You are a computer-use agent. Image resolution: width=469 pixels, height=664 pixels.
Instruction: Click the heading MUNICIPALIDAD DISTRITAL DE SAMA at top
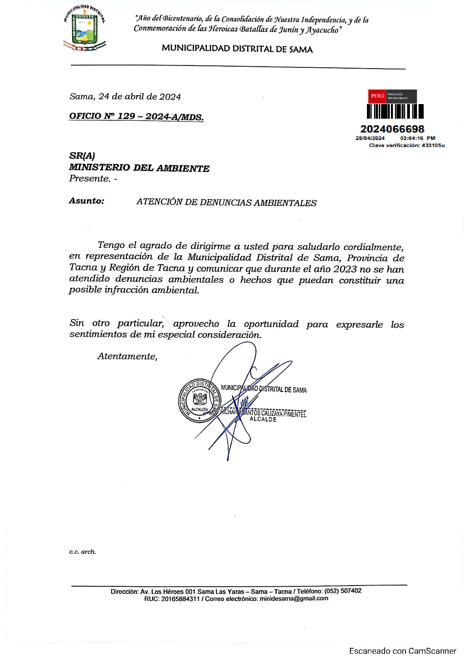(x=237, y=49)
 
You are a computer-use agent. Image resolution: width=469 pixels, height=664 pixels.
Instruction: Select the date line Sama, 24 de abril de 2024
(x=125, y=97)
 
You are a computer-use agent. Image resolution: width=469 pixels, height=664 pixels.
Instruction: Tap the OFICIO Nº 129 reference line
(x=136, y=116)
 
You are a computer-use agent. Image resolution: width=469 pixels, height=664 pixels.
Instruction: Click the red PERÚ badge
(x=377, y=96)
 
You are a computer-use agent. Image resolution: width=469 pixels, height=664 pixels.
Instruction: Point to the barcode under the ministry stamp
(x=395, y=111)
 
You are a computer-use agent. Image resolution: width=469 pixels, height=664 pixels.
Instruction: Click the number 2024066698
(x=392, y=129)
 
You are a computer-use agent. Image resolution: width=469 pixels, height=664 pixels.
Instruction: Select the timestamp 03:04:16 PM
(x=417, y=138)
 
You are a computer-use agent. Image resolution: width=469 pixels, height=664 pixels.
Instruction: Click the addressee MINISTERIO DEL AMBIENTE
(x=139, y=168)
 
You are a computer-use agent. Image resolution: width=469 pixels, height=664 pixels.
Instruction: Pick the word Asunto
(x=87, y=201)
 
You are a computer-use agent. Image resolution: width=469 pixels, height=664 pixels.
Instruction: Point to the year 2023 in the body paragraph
(x=345, y=269)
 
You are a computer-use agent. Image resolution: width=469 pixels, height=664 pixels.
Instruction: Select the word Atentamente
(x=127, y=356)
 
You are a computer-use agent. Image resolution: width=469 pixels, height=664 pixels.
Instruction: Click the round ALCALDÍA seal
(x=199, y=401)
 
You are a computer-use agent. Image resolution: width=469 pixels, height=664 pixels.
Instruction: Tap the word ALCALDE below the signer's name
(x=263, y=419)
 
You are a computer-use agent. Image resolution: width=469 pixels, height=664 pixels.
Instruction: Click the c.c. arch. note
(x=83, y=552)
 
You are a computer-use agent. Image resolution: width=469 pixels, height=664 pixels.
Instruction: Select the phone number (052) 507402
(x=342, y=591)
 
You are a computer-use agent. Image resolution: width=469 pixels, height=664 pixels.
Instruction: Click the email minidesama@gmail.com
(x=294, y=599)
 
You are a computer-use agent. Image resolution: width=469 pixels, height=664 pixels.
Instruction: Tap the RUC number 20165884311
(x=180, y=599)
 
